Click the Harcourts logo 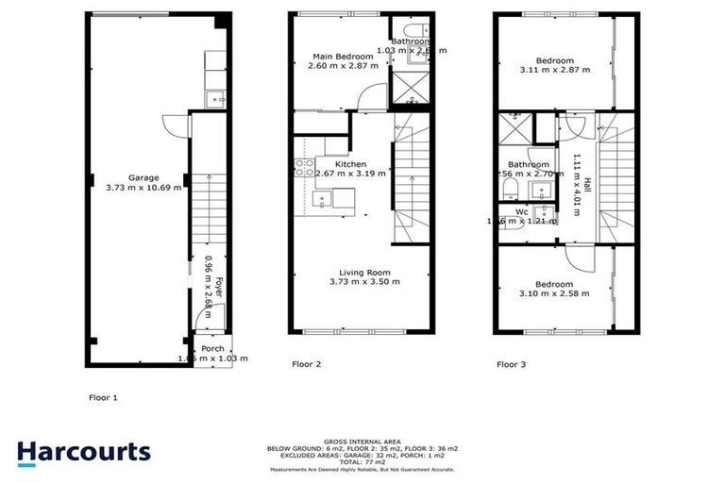tap(84, 452)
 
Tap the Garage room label tap(144, 177)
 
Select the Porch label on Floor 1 tap(213, 349)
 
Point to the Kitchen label tap(350, 164)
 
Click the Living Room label tap(365, 272)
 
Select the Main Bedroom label tap(345, 57)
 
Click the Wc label tap(521, 212)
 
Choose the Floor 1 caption tap(103, 397)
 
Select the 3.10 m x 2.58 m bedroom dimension tap(555, 293)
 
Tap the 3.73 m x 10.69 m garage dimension tap(144, 188)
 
